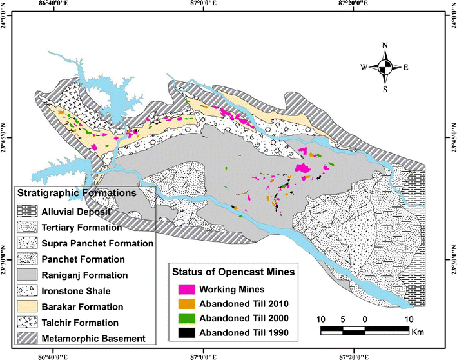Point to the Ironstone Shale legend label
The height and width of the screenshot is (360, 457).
[74, 290]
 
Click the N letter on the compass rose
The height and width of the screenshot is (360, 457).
[384, 46]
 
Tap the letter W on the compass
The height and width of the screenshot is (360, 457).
[364, 66]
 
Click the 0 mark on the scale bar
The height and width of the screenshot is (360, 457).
[365, 319]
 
